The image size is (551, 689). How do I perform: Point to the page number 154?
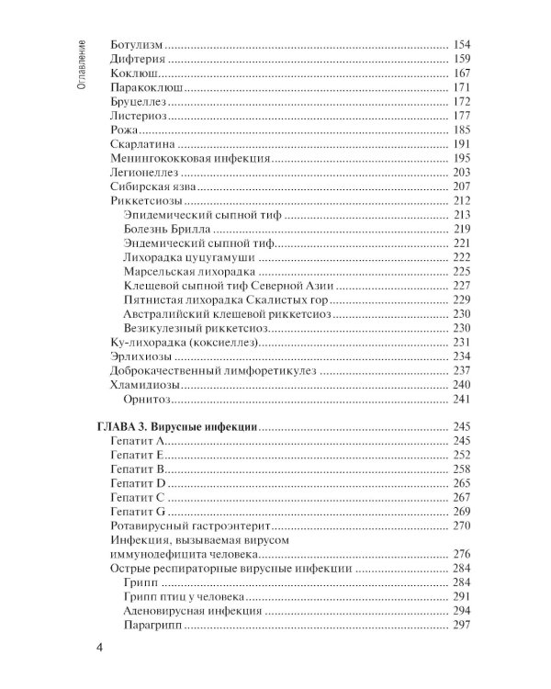click(x=461, y=44)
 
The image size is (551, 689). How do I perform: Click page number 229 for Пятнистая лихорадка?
click(x=461, y=299)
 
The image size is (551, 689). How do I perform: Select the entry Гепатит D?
click(x=137, y=483)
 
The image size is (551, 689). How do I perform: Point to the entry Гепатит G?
click(x=137, y=511)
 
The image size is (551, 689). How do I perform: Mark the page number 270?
click(x=461, y=525)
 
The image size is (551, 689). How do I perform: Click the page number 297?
click(x=461, y=625)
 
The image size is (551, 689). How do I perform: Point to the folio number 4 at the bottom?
click(x=99, y=650)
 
